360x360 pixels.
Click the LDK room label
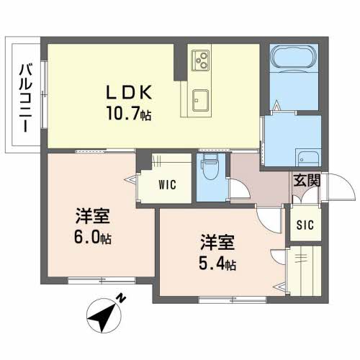pos(129,92)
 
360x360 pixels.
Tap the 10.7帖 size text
pos(129,113)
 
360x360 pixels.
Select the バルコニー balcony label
pos(26,98)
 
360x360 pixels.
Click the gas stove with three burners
pos(200,60)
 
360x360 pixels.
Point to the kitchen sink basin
pos(201,100)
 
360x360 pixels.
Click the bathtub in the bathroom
pos(294,57)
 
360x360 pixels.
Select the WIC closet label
pos(167,185)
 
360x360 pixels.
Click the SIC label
pos(305,225)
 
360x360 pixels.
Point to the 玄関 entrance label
pos(307,181)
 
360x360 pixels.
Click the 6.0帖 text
pos(93,238)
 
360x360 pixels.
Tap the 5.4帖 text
pos(217,265)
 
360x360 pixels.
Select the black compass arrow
pos(103,316)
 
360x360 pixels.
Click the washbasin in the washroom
pos(307,157)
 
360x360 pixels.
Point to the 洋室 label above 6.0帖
pos(93,216)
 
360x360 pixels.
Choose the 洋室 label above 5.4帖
pos(217,243)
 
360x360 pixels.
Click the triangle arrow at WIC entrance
pos(130,179)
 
